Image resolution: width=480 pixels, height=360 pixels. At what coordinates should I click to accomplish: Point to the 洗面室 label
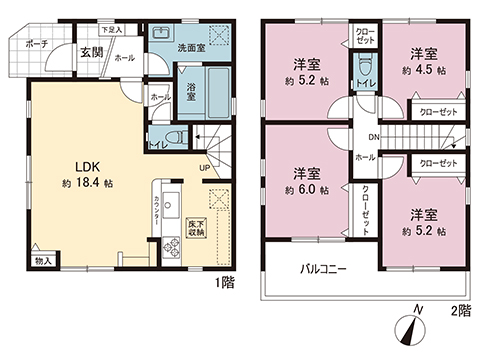tap(193, 47)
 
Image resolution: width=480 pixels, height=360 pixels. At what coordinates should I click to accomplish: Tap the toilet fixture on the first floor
tap(171, 138)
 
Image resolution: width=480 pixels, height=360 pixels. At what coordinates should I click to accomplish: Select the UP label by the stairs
tap(205, 167)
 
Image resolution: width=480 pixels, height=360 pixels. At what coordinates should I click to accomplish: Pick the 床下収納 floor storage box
tap(197, 227)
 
